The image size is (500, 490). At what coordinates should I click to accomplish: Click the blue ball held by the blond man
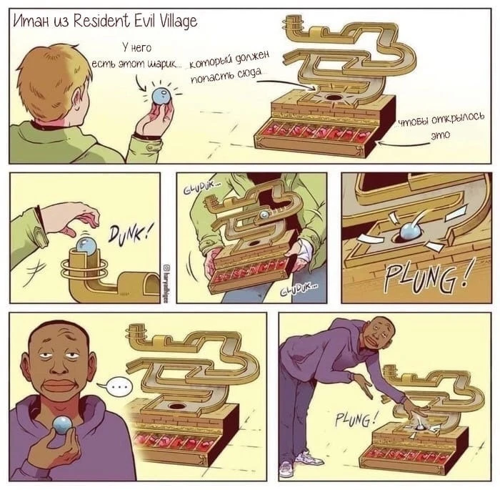[x=161, y=96]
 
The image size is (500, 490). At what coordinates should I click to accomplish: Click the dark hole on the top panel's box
[x=334, y=97]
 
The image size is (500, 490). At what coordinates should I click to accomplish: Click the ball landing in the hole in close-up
[x=411, y=230]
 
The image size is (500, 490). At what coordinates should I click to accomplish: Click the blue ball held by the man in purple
[x=63, y=426]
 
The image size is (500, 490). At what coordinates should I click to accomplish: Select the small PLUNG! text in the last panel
[x=354, y=418]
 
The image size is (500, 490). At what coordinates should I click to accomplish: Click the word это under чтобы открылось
[x=440, y=135]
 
